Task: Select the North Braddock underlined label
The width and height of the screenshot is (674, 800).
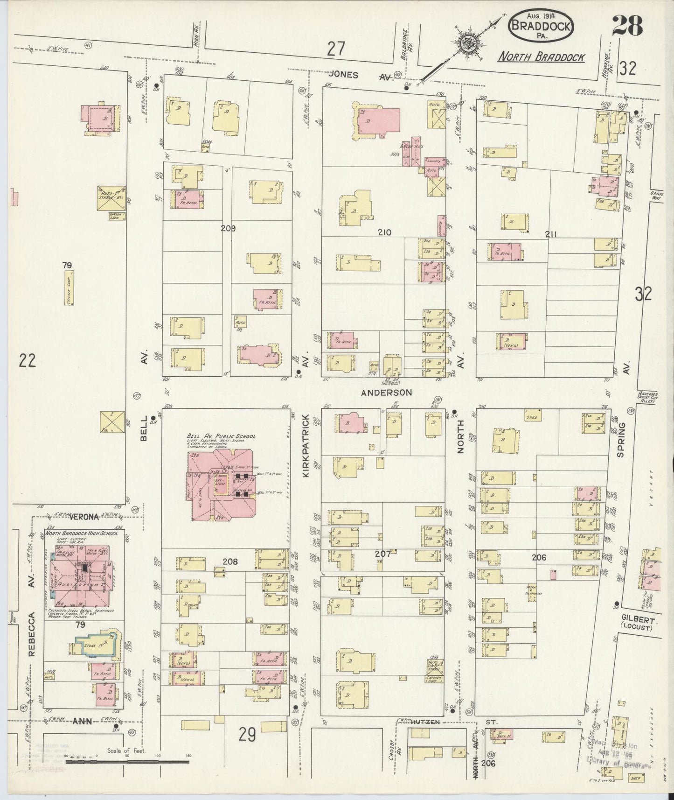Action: [x=541, y=57]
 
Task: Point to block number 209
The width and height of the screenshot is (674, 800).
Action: [x=228, y=229]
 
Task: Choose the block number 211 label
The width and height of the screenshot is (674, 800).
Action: [x=551, y=235]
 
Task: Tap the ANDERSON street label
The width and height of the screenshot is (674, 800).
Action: [x=387, y=393]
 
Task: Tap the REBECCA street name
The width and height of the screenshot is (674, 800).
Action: [x=32, y=635]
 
